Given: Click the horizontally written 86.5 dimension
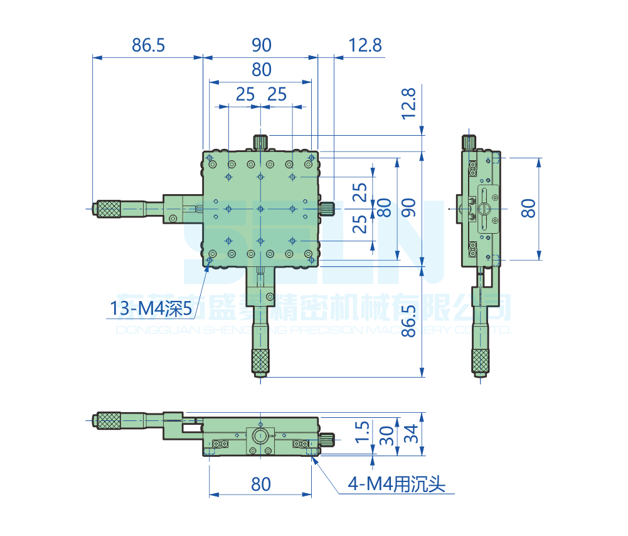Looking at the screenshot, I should point(148,45).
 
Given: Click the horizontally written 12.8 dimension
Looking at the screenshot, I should point(365,45).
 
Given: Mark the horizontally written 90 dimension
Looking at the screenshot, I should point(261,45).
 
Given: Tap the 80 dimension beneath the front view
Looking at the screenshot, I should point(261,484).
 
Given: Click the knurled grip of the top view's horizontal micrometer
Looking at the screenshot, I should point(109,208).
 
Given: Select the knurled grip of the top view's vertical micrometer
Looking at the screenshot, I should point(260,359).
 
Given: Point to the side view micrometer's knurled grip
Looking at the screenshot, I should point(481,359).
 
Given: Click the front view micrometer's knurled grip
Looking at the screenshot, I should point(109,420).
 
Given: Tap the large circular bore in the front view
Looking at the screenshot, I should point(260,435).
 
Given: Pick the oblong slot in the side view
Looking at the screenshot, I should point(484,208).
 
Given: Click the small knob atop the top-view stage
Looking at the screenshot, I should point(260,141).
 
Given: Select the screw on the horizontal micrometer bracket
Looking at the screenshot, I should point(173,219).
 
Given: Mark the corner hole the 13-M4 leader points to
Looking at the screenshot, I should point(210,260).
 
